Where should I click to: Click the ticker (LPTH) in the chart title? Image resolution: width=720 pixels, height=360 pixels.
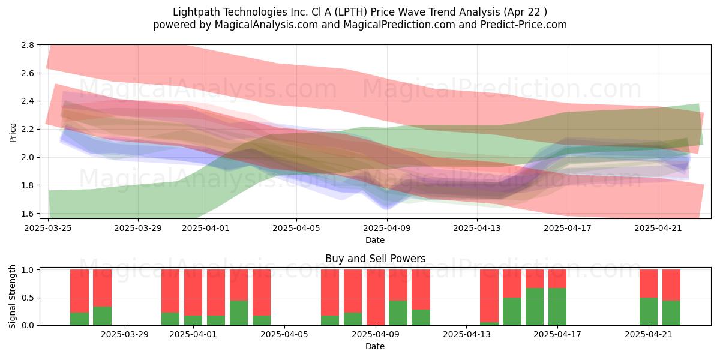click(350, 12)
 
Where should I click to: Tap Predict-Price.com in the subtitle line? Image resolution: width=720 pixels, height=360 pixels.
click(524, 25)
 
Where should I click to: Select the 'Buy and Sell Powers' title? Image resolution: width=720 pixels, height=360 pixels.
click(375, 259)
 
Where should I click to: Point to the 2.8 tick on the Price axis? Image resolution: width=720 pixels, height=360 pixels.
click(28, 45)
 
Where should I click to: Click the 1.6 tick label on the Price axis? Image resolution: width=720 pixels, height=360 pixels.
click(28, 214)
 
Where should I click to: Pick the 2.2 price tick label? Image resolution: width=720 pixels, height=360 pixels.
click(28, 129)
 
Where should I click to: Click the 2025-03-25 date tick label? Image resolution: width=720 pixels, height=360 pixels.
click(48, 228)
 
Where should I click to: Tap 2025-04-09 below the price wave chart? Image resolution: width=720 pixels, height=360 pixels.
click(387, 228)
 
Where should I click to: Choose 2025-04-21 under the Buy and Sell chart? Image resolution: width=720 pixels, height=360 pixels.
click(649, 335)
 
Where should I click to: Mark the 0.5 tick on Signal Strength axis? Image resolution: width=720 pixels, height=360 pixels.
click(28, 298)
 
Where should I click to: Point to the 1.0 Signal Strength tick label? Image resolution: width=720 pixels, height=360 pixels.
click(28, 270)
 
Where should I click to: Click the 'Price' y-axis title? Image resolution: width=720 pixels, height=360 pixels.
click(13, 133)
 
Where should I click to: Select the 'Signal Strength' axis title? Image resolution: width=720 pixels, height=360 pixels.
click(12, 296)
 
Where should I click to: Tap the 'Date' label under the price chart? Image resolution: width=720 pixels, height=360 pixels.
click(375, 240)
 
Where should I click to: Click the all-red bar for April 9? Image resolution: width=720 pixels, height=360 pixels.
click(376, 298)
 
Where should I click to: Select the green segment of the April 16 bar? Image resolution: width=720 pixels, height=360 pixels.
click(535, 307)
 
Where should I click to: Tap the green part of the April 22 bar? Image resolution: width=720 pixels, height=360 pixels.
click(671, 313)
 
